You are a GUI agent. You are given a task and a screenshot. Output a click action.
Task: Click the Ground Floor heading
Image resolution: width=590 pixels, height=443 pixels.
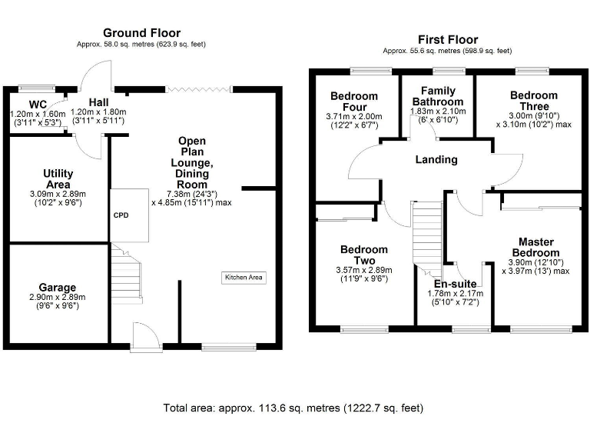point(142,33)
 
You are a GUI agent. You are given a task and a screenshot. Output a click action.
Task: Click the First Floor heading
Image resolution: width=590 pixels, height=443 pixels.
point(447,39)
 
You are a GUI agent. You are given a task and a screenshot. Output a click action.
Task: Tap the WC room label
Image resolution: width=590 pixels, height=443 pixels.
point(38,105)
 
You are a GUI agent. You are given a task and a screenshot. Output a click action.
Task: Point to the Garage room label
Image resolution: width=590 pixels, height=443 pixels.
point(58,288)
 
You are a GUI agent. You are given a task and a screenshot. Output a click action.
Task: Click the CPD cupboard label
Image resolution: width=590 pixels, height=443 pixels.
point(121,215)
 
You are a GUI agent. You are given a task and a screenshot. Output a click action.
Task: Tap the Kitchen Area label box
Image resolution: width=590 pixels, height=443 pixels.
point(244,277)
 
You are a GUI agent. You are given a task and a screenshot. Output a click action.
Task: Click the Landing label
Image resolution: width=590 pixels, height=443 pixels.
point(436,160)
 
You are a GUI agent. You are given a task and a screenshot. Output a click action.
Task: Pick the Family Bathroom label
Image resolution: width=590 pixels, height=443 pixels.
point(438,96)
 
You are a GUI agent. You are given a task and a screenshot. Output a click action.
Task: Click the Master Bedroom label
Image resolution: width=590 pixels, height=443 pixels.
point(535,247)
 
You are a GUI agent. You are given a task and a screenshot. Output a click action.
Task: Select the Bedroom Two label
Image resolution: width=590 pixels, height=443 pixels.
point(364,255)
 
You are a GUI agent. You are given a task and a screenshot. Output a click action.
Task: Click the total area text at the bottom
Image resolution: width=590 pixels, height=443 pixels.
point(293,408)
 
